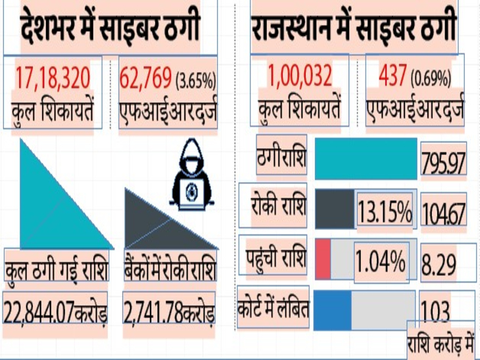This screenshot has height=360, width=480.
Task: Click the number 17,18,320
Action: (55, 79)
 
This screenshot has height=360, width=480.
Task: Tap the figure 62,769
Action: (146, 79)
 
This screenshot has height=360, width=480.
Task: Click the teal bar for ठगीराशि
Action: (366, 158)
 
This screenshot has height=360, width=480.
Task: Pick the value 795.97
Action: (444, 160)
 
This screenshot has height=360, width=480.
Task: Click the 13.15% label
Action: (385, 211)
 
